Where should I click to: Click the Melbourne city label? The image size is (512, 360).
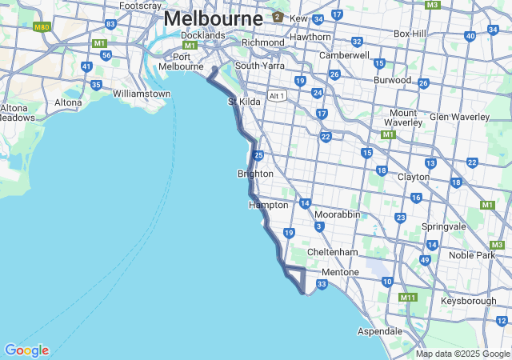coord(213,18)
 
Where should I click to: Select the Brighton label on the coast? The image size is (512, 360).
coord(255,174)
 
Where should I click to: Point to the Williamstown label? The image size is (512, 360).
coord(142,94)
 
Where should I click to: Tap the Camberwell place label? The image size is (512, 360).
coord(344,55)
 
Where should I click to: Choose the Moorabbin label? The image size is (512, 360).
coord(339,215)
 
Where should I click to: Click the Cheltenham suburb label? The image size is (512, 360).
coord(332,252)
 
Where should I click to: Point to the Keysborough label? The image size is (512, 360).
coord(468,301)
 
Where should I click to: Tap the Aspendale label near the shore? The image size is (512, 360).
coord(379,330)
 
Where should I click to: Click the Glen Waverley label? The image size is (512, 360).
coord(459,117)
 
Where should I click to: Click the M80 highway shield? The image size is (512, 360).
coord(42,26)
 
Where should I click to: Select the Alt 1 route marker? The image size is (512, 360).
coord(278,95)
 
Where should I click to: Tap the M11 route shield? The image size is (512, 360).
coord(408,298)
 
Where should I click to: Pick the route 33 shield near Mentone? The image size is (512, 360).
coord(322,284)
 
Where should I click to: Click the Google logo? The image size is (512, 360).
coord(26,350)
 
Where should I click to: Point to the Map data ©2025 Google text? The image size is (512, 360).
coord(462,354)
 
